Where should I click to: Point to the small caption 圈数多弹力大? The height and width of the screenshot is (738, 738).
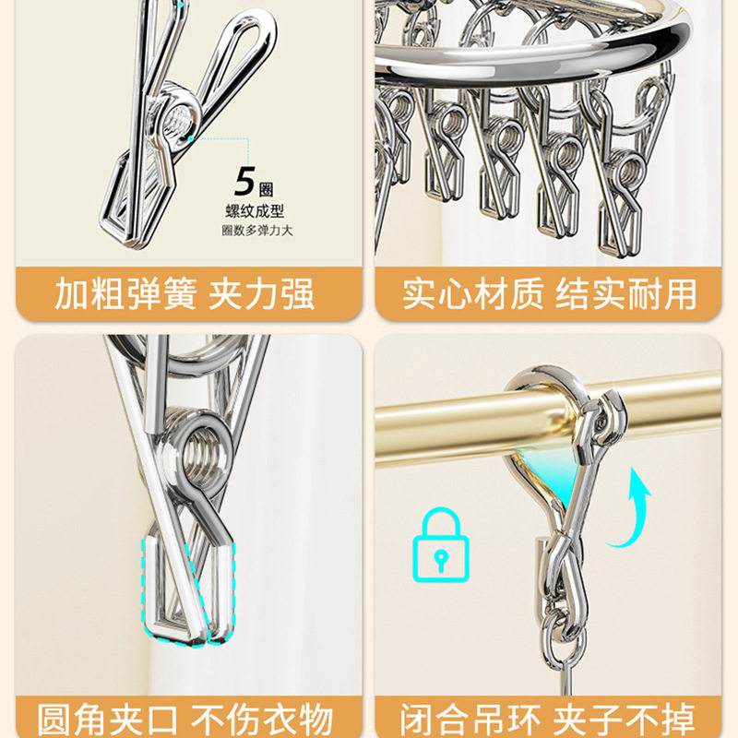click(256, 230)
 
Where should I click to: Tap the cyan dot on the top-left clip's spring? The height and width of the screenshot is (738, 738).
click(188, 138)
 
